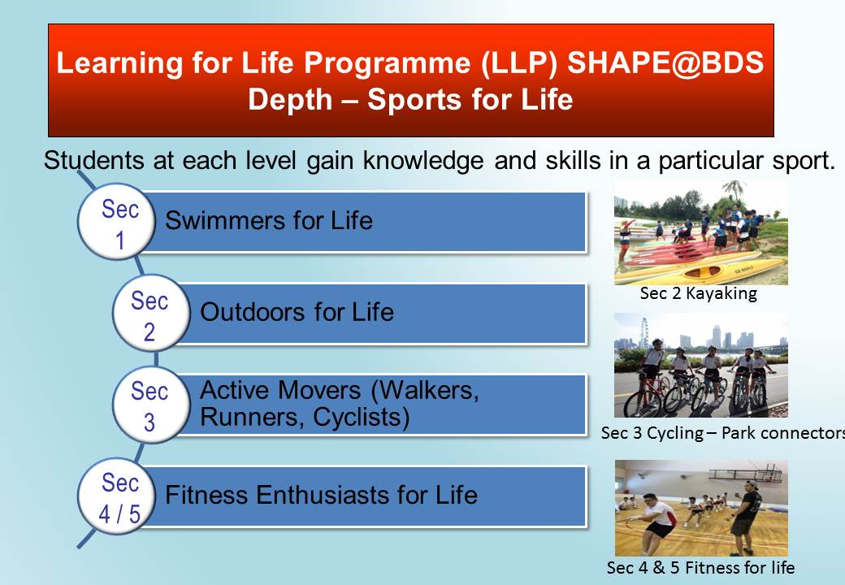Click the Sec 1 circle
point(117,221)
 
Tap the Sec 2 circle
point(151,313)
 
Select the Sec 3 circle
point(151,404)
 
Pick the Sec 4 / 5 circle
point(117,496)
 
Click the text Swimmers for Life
point(269,220)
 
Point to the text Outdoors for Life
point(297,312)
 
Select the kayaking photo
point(700,232)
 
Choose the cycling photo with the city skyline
point(700,366)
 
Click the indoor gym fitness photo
point(701,508)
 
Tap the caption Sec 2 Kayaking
point(699,293)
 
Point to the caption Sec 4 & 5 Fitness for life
point(700,567)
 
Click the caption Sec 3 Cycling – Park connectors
point(722,433)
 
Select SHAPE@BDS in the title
point(665,63)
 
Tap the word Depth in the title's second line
point(290,100)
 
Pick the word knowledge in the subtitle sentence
point(423,161)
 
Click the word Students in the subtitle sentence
point(93,160)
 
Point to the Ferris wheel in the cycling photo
point(643,332)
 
